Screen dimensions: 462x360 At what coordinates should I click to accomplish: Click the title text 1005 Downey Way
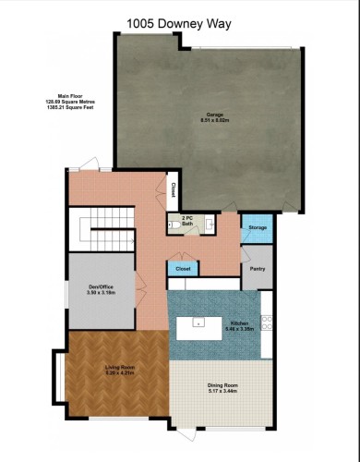[180, 24]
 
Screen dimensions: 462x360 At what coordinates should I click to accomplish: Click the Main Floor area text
[78, 101]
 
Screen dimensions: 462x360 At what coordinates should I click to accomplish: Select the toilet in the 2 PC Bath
[173, 225]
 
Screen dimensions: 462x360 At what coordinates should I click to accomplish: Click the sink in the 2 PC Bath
[210, 225]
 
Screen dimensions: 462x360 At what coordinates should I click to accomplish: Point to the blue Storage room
[258, 228]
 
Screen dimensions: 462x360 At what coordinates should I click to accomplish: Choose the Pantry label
[258, 271]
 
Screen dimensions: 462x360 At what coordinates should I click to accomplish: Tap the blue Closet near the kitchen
[181, 268]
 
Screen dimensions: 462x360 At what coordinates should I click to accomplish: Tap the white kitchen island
[198, 323]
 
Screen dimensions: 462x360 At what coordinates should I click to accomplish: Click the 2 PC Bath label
[187, 220]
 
